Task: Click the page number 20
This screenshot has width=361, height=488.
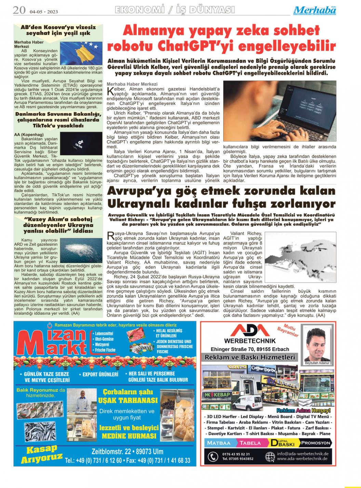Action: (x=19, y=10)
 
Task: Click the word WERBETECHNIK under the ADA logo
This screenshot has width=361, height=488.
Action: (x=250, y=341)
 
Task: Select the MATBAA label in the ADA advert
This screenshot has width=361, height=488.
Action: (x=219, y=443)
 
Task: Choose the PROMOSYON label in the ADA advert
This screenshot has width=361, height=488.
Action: (x=316, y=443)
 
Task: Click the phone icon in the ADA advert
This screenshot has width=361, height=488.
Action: (x=213, y=457)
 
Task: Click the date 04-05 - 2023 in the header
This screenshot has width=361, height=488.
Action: (x=43, y=12)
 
